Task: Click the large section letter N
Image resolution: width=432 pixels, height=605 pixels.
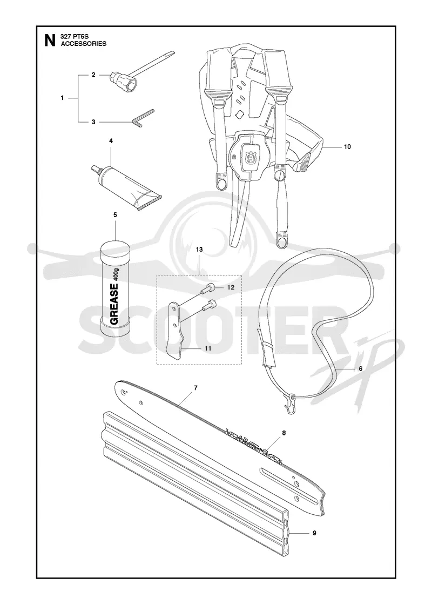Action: point(49,40)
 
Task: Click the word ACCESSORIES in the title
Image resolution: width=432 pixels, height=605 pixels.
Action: point(84,44)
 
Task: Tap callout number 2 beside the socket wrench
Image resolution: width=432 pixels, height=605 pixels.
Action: point(93,75)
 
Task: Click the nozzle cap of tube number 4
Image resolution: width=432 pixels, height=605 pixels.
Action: point(94,168)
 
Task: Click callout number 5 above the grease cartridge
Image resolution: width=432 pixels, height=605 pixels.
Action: point(115,214)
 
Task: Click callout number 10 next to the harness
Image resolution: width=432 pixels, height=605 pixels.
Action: point(347,147)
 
